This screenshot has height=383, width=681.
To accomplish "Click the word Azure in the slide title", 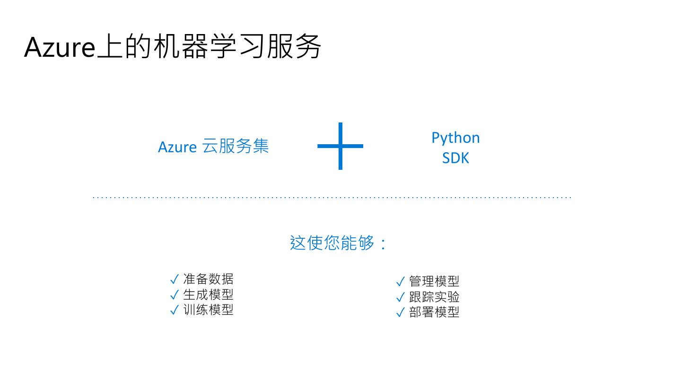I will point(60,47).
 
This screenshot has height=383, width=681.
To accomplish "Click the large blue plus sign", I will point(340,146).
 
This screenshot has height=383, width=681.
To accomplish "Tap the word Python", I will point(455,138).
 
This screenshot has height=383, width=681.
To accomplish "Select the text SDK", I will point(455,158).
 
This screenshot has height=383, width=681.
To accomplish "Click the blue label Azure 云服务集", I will point(213,147).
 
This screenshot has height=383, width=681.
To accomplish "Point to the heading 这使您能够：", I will point(338,243).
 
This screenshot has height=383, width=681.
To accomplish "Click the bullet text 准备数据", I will point(208,279).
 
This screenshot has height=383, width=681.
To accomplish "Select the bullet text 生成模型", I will point(208,295).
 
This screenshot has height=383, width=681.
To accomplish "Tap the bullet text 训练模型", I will point(208,310).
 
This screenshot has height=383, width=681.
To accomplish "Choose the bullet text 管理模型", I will point(434,281).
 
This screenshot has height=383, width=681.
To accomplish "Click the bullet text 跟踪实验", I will point(434,297).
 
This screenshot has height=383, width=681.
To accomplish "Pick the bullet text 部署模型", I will point(434,312).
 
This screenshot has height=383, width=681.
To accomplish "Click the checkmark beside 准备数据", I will point(174,279).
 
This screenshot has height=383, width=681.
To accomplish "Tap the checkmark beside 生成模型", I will point(174,295).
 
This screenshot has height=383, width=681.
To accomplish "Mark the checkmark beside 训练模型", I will point(174,310).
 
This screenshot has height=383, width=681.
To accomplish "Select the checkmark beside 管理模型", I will point(400,282).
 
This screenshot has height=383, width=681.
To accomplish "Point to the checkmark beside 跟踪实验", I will point(400,297).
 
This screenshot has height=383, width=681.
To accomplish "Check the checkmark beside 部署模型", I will point(400,313).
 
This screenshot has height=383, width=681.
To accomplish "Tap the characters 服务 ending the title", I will point(294,47).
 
